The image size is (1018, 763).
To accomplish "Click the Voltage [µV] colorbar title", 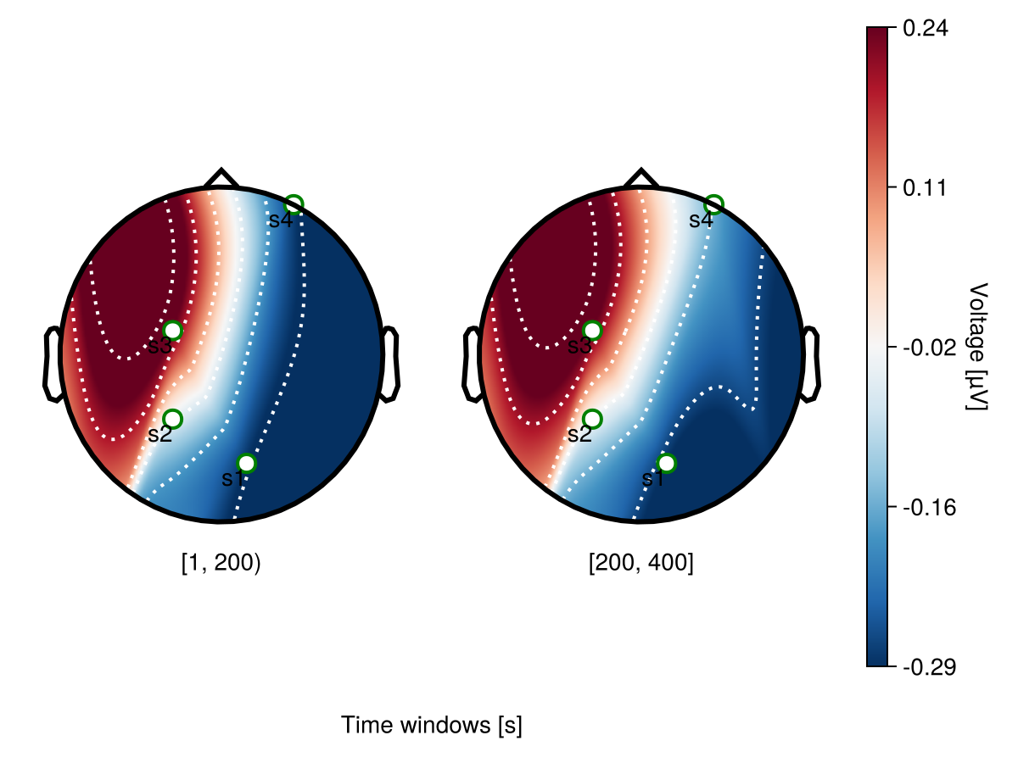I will click(x=978, y=347).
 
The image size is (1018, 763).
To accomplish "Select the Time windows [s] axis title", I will click(x=431, y=726).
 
